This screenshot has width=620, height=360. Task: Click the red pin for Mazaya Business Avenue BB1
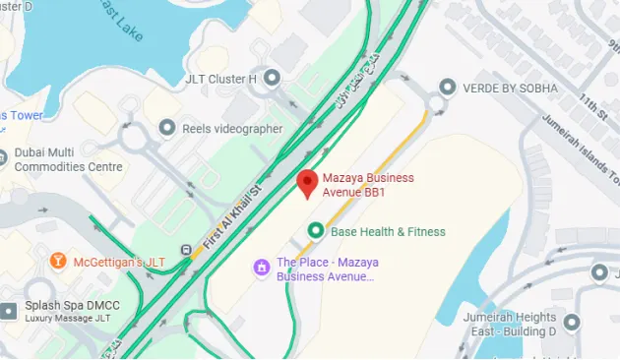pyautogui.click(x=307, y=183)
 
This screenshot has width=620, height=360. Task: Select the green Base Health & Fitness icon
pyautogui.click(x=316, y=231)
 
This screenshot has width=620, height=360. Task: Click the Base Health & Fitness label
pyautogui.click(x=388, y=232)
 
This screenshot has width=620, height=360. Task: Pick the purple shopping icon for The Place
pyautogui.click(x=262, y=267)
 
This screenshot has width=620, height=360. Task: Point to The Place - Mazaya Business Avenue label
pyautogui.click(x=326, y=270)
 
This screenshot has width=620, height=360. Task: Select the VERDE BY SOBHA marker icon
pyautogui.click(x=447, y=88)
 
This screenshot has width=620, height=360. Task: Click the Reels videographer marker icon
pyautogui.click(x=166, y=128)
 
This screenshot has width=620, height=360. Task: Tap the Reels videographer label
pyautogui.click(x=231, y=129)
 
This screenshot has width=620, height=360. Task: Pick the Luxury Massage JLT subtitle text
pyautogui.click(x=68, y=319)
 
